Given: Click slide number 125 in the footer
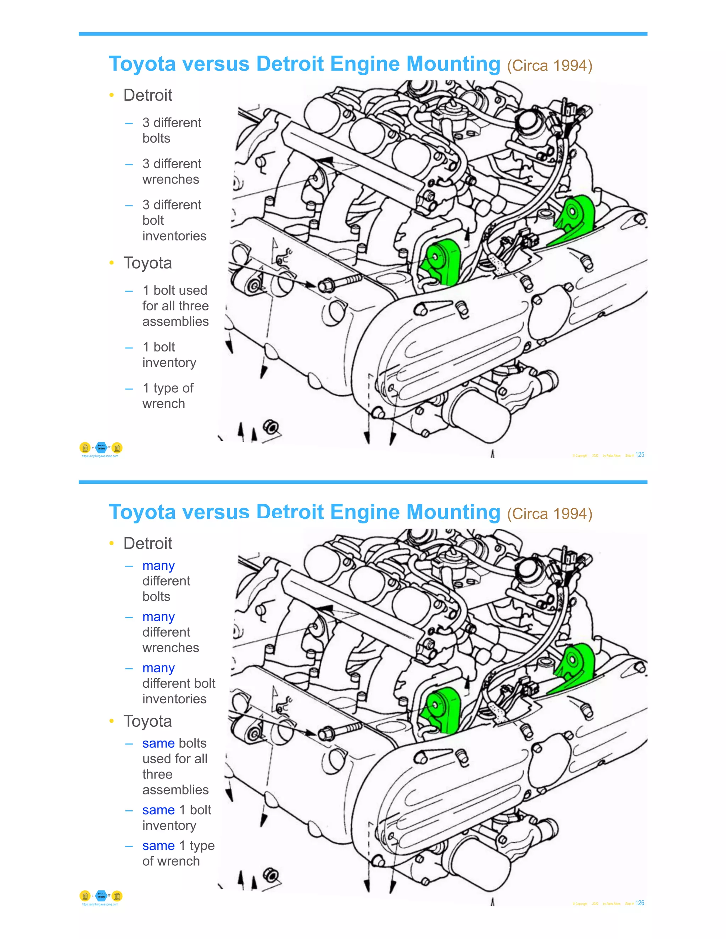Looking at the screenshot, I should [x=640, y=455].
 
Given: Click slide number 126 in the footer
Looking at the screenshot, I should [x=640, y=903].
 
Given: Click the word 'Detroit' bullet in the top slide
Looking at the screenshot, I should [x=147, y=95].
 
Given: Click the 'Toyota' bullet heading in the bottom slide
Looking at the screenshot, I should [x=147, y=721].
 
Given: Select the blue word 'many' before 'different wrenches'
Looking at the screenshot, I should [x=158, y=617].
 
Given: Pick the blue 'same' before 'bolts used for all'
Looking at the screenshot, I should [x=158, y=743].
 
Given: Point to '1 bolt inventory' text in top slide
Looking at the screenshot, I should [x=169, y=355].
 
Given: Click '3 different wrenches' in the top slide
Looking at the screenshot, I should [x=171, y=171].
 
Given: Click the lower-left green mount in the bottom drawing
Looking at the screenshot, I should [x=442, y=710].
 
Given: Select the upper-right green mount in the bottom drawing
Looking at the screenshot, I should [x=576, y=665].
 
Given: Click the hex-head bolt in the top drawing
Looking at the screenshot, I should [x=340, y=282].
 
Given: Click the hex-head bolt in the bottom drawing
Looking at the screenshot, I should [x=340, y=731].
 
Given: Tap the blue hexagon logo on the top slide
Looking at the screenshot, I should [x=101, y=448].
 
